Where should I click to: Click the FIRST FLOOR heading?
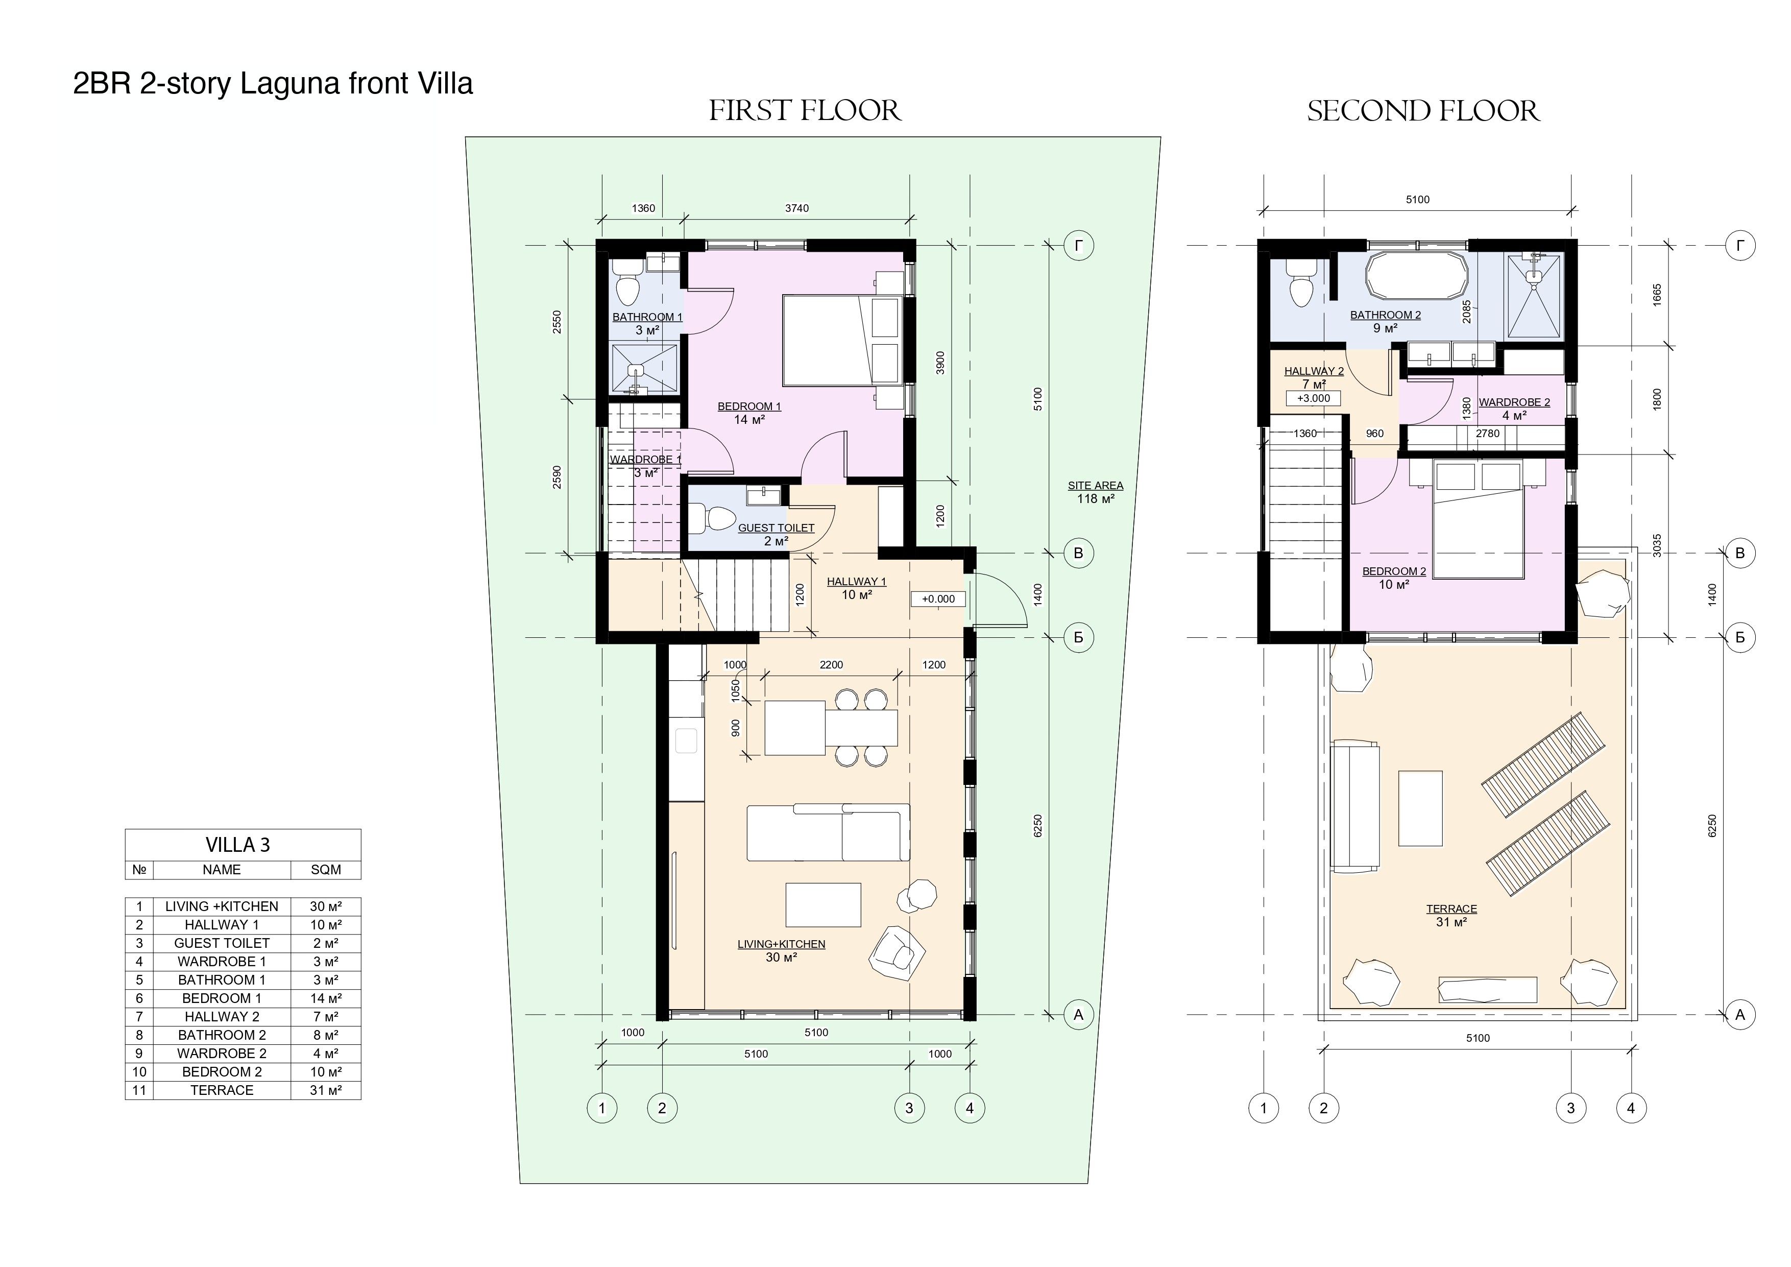[805, 111]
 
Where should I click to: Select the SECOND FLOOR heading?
[1423, 111]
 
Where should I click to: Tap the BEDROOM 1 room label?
[749, 407]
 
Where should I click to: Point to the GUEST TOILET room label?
[776, 528]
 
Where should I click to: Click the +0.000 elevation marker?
[938, 599]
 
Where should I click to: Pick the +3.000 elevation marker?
[1314, 398]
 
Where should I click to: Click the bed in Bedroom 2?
[1479, 519]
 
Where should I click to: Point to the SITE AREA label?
[1095, 485]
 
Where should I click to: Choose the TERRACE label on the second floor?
[1451, 909]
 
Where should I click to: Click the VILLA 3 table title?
[238, 845]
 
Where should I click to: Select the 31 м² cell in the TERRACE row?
[325, 1090]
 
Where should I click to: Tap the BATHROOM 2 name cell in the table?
[222, 1035]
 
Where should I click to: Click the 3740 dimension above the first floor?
[796, 208]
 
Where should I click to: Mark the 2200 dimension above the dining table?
[832, 665]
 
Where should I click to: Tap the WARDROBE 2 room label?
[1514, 402]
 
